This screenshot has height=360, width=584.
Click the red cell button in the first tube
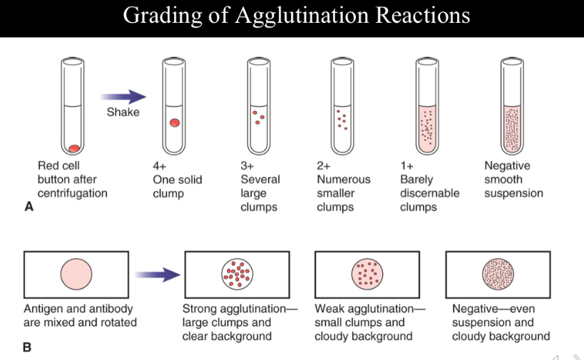tap(73, 148)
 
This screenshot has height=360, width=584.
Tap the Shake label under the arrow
tap(123, 112)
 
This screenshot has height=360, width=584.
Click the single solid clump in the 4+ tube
tap(175, 123)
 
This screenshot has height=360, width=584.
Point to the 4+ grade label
tap(159, 165)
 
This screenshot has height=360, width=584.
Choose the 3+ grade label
tap(247, 165)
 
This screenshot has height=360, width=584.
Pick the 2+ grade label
tap(324, 165)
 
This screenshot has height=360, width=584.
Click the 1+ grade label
tap(407, 165)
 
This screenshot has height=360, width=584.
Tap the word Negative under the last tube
tap(507, 165)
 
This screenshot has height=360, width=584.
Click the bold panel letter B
tap(29, 349)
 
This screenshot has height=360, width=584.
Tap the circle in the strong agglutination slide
tap(237, 274)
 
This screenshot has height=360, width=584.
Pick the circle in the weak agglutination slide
tap(367, 274)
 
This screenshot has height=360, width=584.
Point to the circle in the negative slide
tap(498, 274)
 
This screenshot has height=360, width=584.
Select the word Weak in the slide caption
tap(329, 309)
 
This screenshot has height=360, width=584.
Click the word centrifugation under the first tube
tap(73, 193)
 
